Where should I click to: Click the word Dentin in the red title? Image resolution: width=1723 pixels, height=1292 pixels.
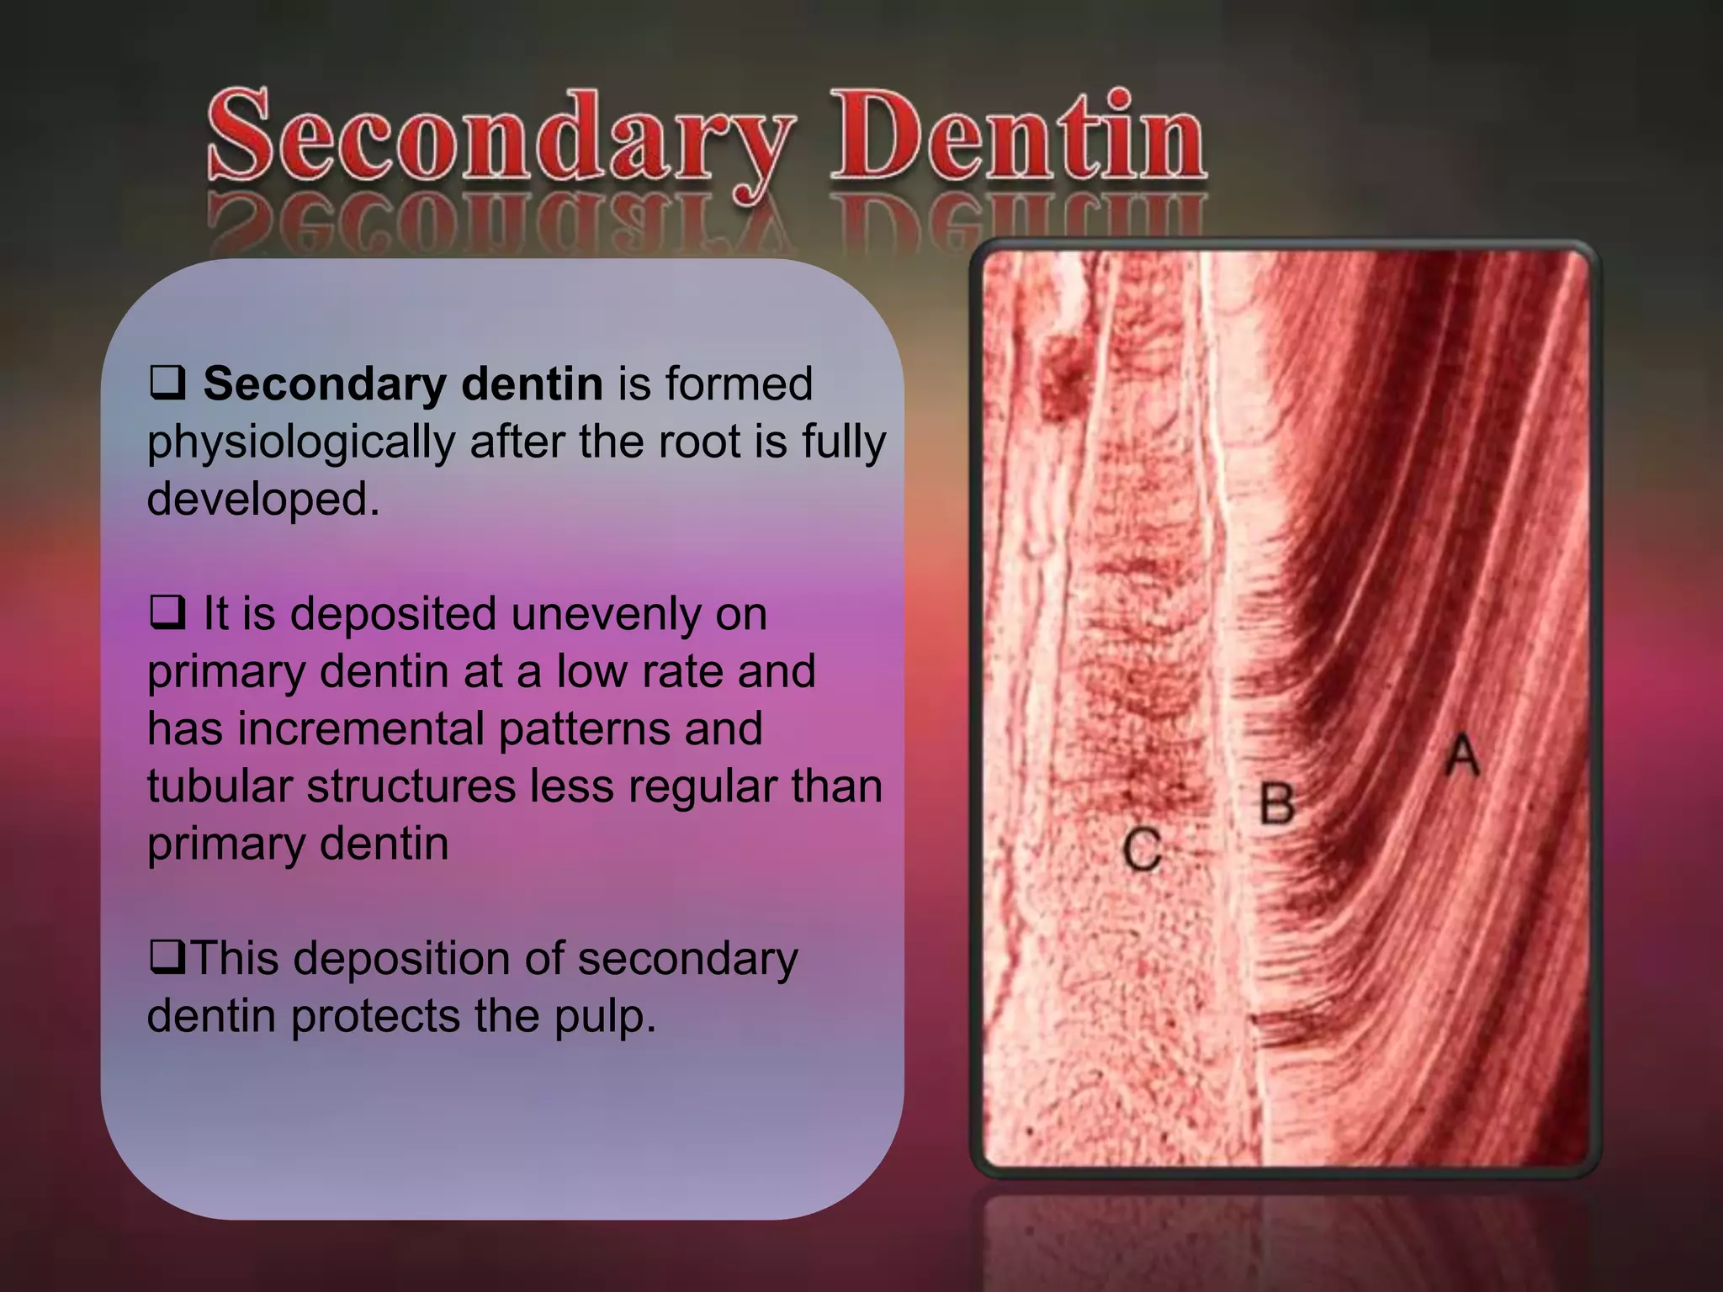click(1018, 139)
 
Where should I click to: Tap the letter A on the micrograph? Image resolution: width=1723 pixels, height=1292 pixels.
click(1463, 755)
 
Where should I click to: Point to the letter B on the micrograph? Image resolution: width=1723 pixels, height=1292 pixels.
click(1277, 804)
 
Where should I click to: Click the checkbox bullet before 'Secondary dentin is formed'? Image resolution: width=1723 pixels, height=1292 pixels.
click(167, 382)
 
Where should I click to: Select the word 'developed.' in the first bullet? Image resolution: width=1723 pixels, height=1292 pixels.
click(263, 499)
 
